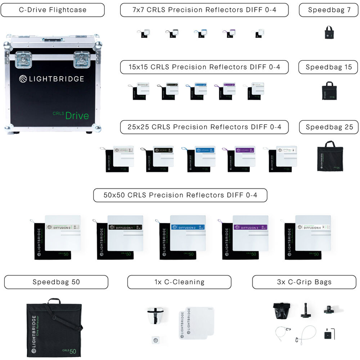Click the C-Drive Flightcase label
tap(53, 10)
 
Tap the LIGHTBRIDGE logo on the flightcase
tap(51, 79)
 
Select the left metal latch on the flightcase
tap(23, 59)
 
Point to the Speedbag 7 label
tap(329, 10)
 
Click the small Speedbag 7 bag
tap(329, 32)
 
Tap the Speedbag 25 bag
tap(330, 156)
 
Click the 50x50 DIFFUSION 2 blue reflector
tap(188, 233)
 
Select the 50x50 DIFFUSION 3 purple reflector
tap(250, 233)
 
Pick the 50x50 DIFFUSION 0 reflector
tap(62, 233)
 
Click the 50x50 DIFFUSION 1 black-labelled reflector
tap(125, 233)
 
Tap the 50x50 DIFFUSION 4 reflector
tap(313, 233)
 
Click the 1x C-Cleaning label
tap(179, 282)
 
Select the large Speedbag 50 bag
tap(54, 327)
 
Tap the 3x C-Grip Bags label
tap(304, 282)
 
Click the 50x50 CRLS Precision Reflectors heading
tap(180, 195)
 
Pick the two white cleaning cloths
tap(196, 323)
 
